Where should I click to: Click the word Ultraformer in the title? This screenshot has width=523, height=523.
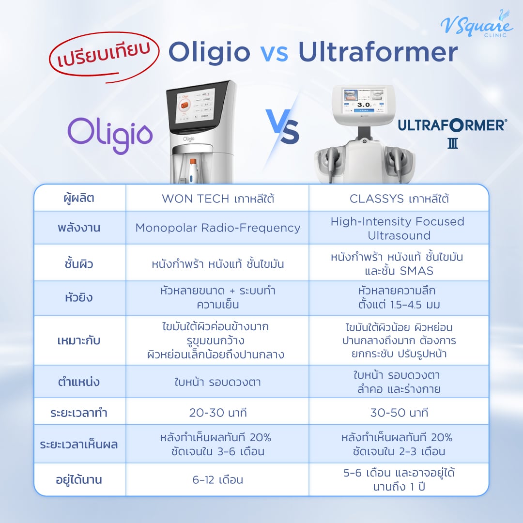tap(378, 53)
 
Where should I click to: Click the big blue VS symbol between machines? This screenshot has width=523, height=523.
tap(282, 127)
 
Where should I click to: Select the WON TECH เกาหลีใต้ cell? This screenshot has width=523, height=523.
tap(217, 199)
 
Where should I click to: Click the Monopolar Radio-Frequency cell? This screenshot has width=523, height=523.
tap(217, 228)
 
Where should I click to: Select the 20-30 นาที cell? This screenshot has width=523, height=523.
tap(217, 413)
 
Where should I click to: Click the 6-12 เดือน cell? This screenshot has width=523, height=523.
tap(217, 480)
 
